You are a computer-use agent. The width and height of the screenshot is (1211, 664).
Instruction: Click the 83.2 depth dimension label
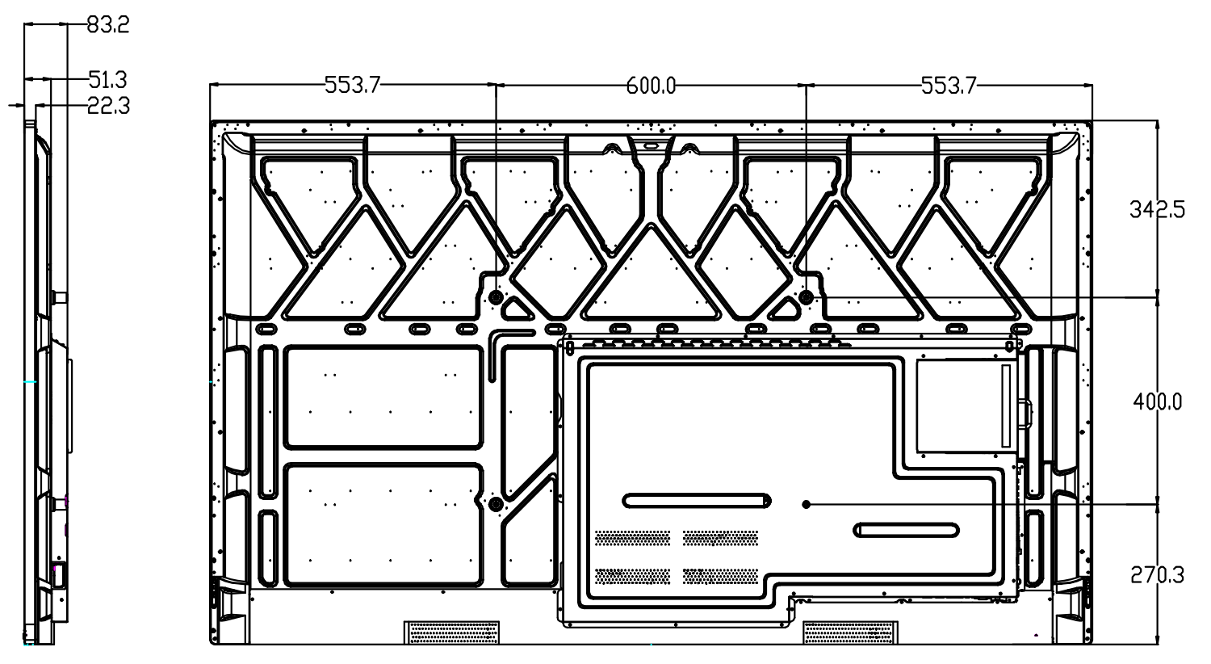(x=108, y=25)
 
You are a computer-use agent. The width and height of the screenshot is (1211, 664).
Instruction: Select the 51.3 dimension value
(x=108, y=79)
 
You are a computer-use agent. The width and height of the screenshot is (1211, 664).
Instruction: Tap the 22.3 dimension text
(x=108, y=106)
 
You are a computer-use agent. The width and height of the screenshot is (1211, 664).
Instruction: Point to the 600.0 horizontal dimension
(x=651, y=85)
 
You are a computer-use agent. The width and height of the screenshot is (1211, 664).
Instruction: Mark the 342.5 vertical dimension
(x=1158, y=210)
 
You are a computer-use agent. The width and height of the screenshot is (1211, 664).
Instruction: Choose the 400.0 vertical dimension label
(x=1158, y=401)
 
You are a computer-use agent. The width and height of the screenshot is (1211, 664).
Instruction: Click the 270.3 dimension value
(x=1158, y=575)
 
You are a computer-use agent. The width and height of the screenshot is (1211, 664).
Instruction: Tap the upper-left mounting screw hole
(x=497, y=297)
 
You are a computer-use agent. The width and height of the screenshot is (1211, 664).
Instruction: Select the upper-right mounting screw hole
(x=805, y=297)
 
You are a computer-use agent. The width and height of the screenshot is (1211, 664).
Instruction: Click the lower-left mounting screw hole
(x=496, y=505)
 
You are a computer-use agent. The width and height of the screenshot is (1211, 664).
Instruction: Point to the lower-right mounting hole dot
(x=806, y=505)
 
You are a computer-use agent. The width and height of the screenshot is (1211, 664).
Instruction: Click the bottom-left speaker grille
(x=450, y=632)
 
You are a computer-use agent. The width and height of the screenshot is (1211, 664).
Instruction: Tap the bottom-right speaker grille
(x=850, y=632)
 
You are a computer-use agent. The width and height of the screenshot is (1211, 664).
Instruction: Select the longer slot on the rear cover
(x=697, y=501)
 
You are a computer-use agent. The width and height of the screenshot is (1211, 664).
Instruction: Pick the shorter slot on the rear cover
(x=907, y=530)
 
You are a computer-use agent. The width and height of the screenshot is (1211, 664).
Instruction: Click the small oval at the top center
(x=651, y=146)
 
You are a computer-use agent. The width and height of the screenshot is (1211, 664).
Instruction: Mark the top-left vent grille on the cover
(x=632, y=538)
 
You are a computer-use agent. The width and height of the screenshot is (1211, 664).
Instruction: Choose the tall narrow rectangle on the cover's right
(x=1005, y=406)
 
